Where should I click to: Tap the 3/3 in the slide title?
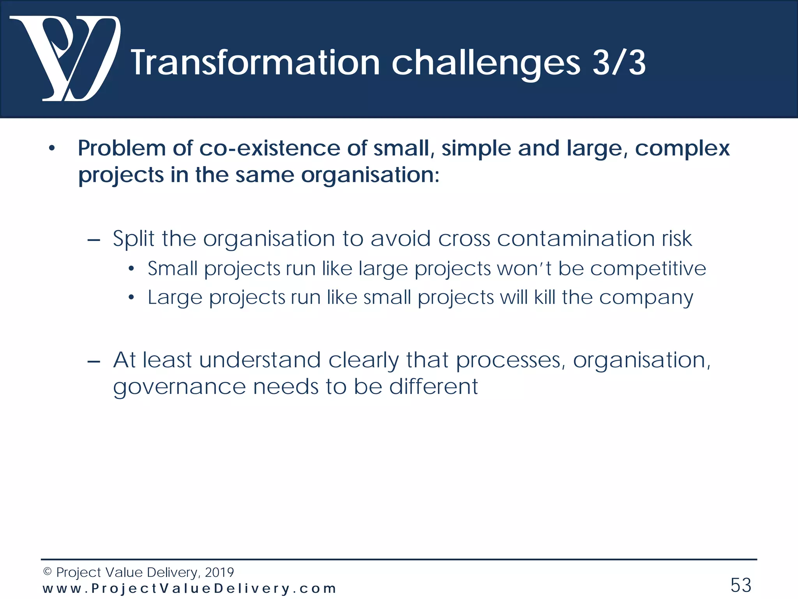click(x=619, y=63)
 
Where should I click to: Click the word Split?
click(x=133, y=239)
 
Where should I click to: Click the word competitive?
click(x=648, y=269)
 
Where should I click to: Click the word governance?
click(x=179, y=388)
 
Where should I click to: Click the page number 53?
click(x=741, y=585)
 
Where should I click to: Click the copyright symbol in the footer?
click(x=47, y=572)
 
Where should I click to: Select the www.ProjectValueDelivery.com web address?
click(x=189, y=588)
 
